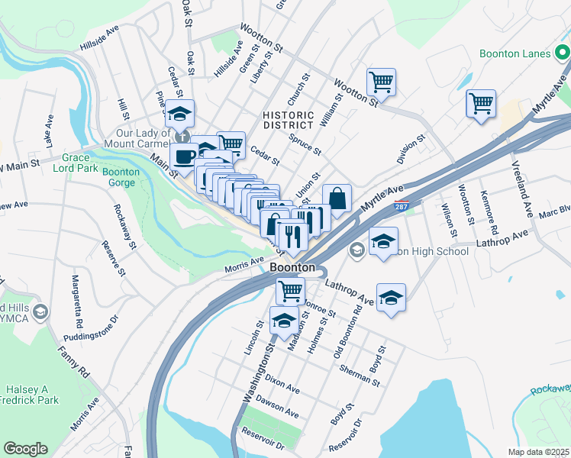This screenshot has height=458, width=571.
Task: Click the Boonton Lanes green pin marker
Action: click(563, 53)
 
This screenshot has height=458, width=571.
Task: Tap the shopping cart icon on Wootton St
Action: click(381, 81)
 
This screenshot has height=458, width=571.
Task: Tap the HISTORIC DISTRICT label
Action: click(289, 120)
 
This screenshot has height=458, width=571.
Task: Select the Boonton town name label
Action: click(292, 269)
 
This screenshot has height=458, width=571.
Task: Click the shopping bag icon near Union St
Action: click(337, 198)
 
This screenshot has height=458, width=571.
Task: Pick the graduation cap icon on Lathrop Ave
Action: click(391, 297)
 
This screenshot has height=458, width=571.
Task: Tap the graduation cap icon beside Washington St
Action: click(284, 321)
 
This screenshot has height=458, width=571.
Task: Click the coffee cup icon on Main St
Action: click(184, 157)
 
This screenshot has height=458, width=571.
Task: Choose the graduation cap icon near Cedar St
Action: click(179, 114)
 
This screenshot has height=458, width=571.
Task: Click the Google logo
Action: click(25, 449)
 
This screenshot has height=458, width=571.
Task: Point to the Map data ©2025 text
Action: click(539, 452)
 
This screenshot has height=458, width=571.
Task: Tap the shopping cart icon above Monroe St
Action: click(290, 291)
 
